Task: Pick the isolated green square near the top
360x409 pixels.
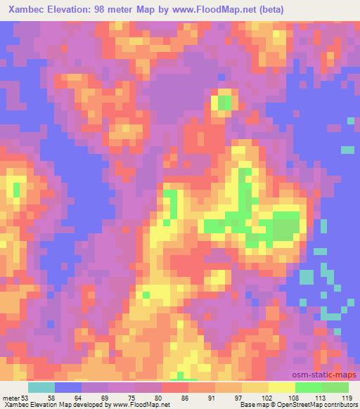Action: tap(225, 103)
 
